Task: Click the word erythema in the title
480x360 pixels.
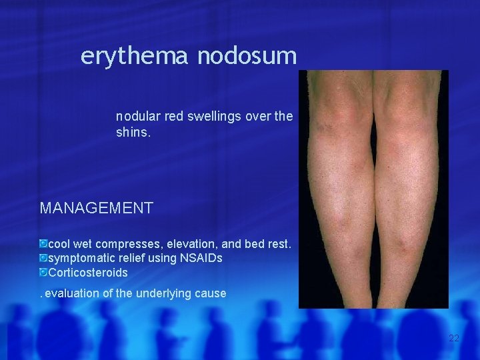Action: [x=135, y=56]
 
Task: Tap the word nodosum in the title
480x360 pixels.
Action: [x=247, y=56]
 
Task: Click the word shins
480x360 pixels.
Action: [x=133, y=133]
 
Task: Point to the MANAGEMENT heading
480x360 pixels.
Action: [x=97, y=208]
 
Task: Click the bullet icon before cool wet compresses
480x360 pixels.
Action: [x=43, y=244]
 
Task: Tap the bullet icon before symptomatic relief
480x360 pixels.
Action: [x=43, y=257]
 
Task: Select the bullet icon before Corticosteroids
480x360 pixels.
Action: [x=43, y=272]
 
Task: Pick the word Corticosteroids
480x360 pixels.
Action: [x=88, y=272]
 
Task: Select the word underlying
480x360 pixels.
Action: [x=161, y=293]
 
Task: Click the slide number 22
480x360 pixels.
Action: [x=454, y=339]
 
